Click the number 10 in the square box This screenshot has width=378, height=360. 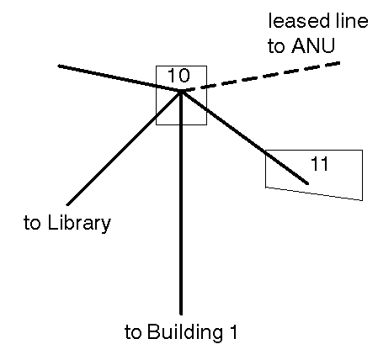pos(178,76)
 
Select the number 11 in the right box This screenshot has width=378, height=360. pos(320,163)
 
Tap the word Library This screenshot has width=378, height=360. pos(79,224)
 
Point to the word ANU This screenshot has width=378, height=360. pos(313,45)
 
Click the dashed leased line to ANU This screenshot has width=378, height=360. pos(261,77)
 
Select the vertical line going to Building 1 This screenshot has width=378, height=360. pos(181,203)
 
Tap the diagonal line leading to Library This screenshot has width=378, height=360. pos(124,148)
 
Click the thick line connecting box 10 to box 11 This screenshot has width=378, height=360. pos(245,137)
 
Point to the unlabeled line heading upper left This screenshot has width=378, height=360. pos(120,78)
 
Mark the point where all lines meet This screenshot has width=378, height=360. pos(181,91)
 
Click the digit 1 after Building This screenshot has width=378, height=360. pos(233,332)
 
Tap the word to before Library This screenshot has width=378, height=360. pos(32,223)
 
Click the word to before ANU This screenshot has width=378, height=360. pos(276,46)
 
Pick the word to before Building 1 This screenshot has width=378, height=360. pos(133,333)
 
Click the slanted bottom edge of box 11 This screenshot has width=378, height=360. pos(314,193)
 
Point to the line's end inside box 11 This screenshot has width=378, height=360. pos(307,183)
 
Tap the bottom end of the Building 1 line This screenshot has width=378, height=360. pos(181,314)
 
